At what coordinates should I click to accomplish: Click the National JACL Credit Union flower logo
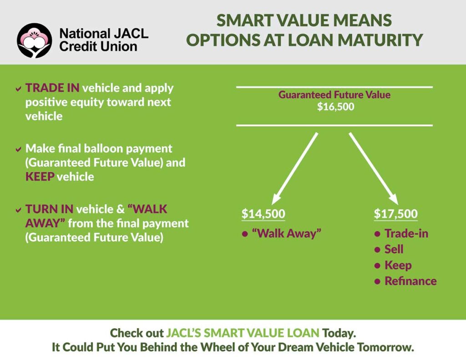35,41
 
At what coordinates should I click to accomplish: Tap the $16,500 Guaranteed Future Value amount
335,106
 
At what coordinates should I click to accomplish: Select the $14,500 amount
263,213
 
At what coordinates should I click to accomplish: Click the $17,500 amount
395,213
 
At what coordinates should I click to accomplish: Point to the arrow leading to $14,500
295,168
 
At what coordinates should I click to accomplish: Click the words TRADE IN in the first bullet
52,88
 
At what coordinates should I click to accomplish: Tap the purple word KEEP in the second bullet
40,177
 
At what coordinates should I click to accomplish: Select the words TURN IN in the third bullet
49,209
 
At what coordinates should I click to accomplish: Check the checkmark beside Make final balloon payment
18,149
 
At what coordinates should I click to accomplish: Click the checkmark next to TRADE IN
18,89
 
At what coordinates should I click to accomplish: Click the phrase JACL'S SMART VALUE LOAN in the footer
243,333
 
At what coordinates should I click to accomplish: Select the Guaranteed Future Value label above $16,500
334,95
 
